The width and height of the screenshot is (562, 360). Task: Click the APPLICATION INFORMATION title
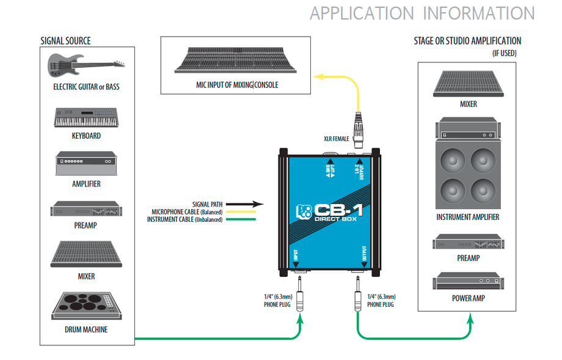[x=422, y=13]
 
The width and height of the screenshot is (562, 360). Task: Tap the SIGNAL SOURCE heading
[x=65, y=41]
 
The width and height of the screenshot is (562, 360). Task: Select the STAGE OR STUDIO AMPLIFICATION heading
[x=467, y=41]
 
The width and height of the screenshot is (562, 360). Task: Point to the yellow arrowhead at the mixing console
[x=317, y=77]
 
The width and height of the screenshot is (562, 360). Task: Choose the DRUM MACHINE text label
[x=86, y=330]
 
